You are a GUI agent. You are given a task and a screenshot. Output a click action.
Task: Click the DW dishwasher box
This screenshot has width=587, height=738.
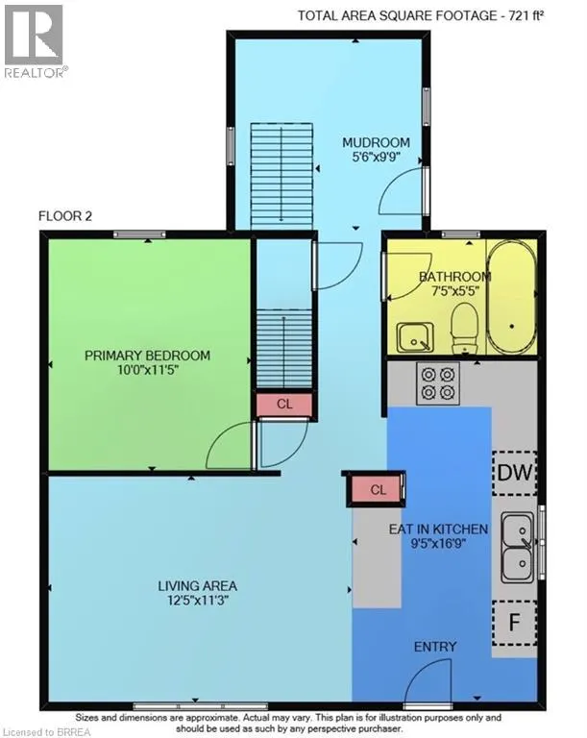[x=515, y=473]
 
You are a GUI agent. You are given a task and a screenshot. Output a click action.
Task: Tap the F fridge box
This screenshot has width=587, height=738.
[x=515, y=623]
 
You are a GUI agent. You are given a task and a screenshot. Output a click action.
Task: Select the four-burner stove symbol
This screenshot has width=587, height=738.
[x=438, y=383]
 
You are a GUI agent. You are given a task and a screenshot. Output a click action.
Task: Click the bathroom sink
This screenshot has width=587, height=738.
[x=415, y=337]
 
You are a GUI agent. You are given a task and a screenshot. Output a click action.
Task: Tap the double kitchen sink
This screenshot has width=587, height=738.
[x=517, y=547]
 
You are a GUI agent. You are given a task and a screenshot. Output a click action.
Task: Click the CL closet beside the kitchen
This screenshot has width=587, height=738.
[x=379, y=489]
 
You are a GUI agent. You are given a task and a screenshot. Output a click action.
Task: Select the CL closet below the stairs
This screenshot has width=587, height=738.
[x=284, y=404]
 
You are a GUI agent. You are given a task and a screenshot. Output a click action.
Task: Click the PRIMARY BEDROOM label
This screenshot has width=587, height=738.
[x=147, y=356]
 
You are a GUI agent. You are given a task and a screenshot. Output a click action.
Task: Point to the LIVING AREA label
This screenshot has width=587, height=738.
[x=197, y=586]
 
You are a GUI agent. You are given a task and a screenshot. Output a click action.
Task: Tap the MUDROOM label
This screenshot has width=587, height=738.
[x=376, y=142]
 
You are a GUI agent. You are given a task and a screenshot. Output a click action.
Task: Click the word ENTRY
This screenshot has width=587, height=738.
[x=435, y=647]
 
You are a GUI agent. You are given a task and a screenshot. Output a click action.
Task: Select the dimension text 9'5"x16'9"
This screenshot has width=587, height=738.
[x=438, y=544]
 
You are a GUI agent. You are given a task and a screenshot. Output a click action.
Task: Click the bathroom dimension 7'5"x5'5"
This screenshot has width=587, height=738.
[x=455, y=290]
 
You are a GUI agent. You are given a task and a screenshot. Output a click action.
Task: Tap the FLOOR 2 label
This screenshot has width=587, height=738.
[x=65, y=216]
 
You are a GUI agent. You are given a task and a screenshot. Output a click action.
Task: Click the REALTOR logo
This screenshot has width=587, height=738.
[x=34, y=40]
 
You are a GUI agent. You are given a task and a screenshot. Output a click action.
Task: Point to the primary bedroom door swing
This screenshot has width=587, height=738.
[x=230, y=444]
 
